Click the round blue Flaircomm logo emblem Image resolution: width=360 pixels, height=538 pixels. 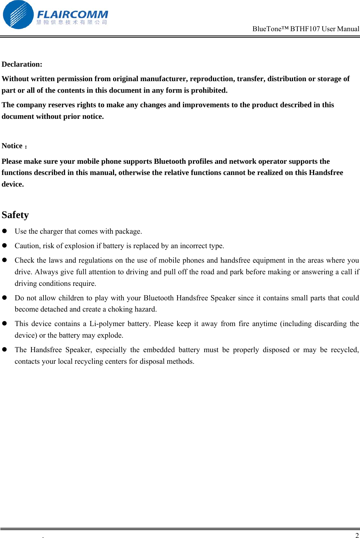click(x=18, y=15)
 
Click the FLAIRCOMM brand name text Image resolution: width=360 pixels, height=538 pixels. click(x=72, y=14)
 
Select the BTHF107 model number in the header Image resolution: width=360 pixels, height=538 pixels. click(x=305, y=29)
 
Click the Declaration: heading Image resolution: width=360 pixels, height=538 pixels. click(x=22, y=64)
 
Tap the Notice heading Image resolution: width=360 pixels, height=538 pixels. click(x=12, y=146)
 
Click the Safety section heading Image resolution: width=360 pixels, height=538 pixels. click(x=15, y=215)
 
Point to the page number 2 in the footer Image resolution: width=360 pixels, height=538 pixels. click(x=357, y=535)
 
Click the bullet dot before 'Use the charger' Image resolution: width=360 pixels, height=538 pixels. click(x=5, y=231)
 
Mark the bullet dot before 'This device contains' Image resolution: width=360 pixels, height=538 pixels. click(x=5, y=323)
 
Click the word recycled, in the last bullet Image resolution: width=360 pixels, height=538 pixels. click(x=344, y=350)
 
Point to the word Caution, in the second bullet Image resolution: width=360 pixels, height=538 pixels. click(x=28, y=246)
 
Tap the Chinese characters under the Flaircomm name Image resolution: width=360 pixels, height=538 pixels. click(x=72, y=22)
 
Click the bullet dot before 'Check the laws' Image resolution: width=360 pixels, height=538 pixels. click(x=5, y=260)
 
